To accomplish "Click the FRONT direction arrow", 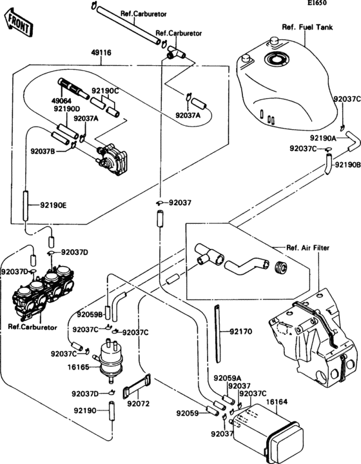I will click(17, 23).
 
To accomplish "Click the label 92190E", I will click(54, 205).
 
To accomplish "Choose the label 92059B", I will click(90, 315).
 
